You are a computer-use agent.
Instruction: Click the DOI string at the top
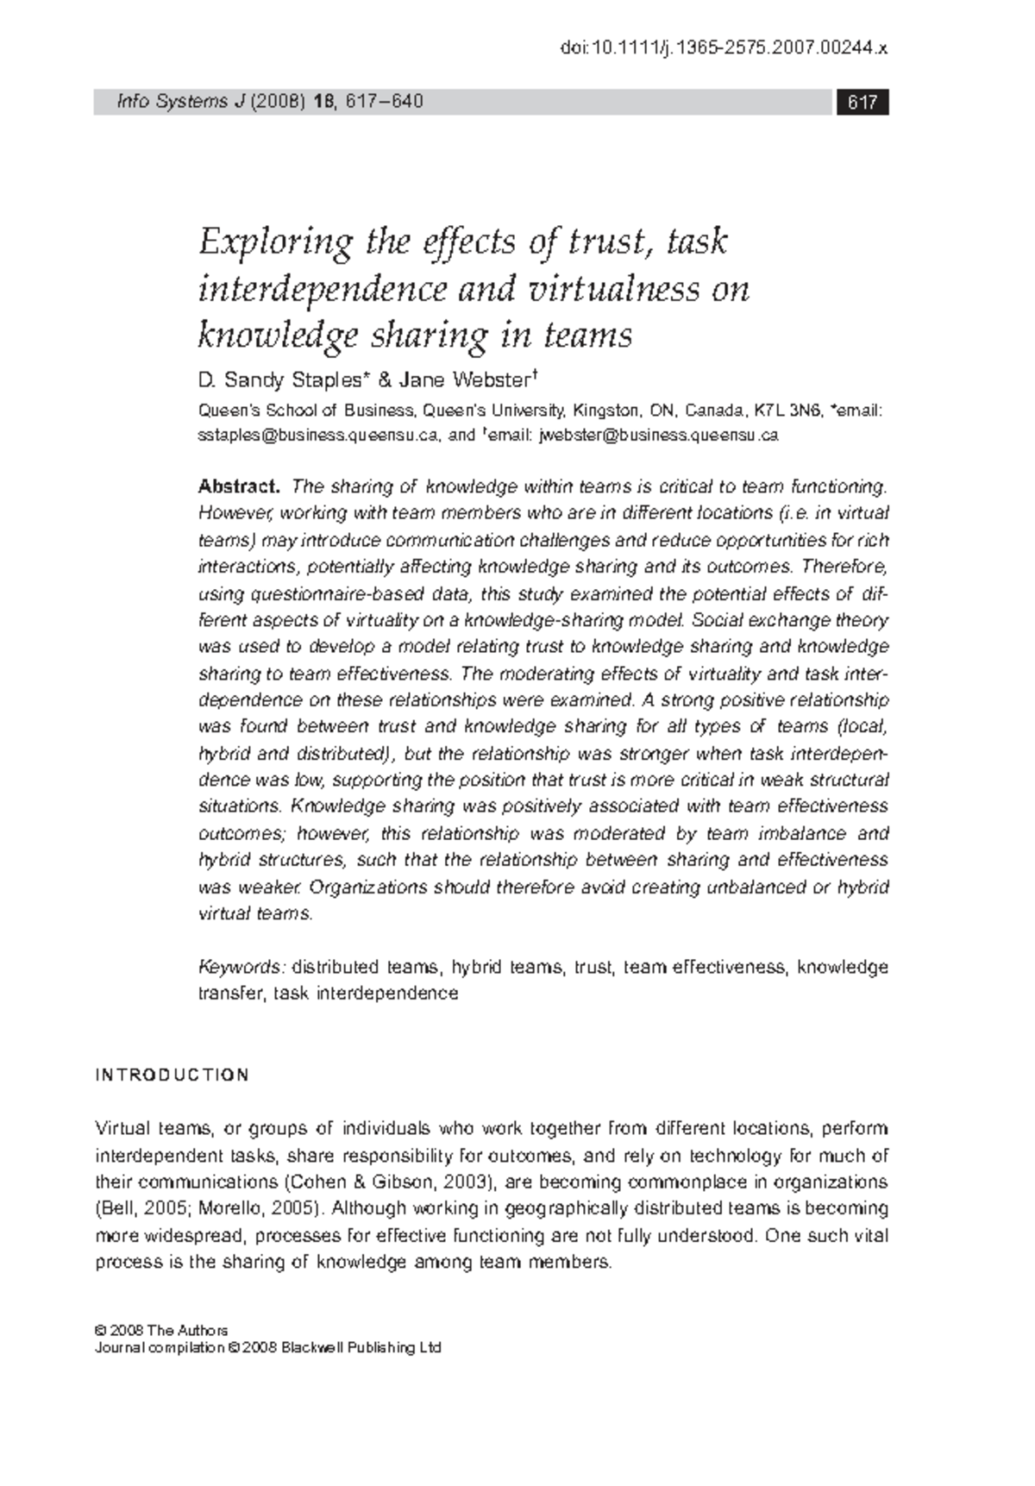[724, 49]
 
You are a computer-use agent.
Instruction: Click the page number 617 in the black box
[862, 103]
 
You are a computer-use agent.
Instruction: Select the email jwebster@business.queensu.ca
[659, 436]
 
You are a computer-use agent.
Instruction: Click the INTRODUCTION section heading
[172, 1075]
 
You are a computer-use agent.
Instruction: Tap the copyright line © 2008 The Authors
[161, 1330]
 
